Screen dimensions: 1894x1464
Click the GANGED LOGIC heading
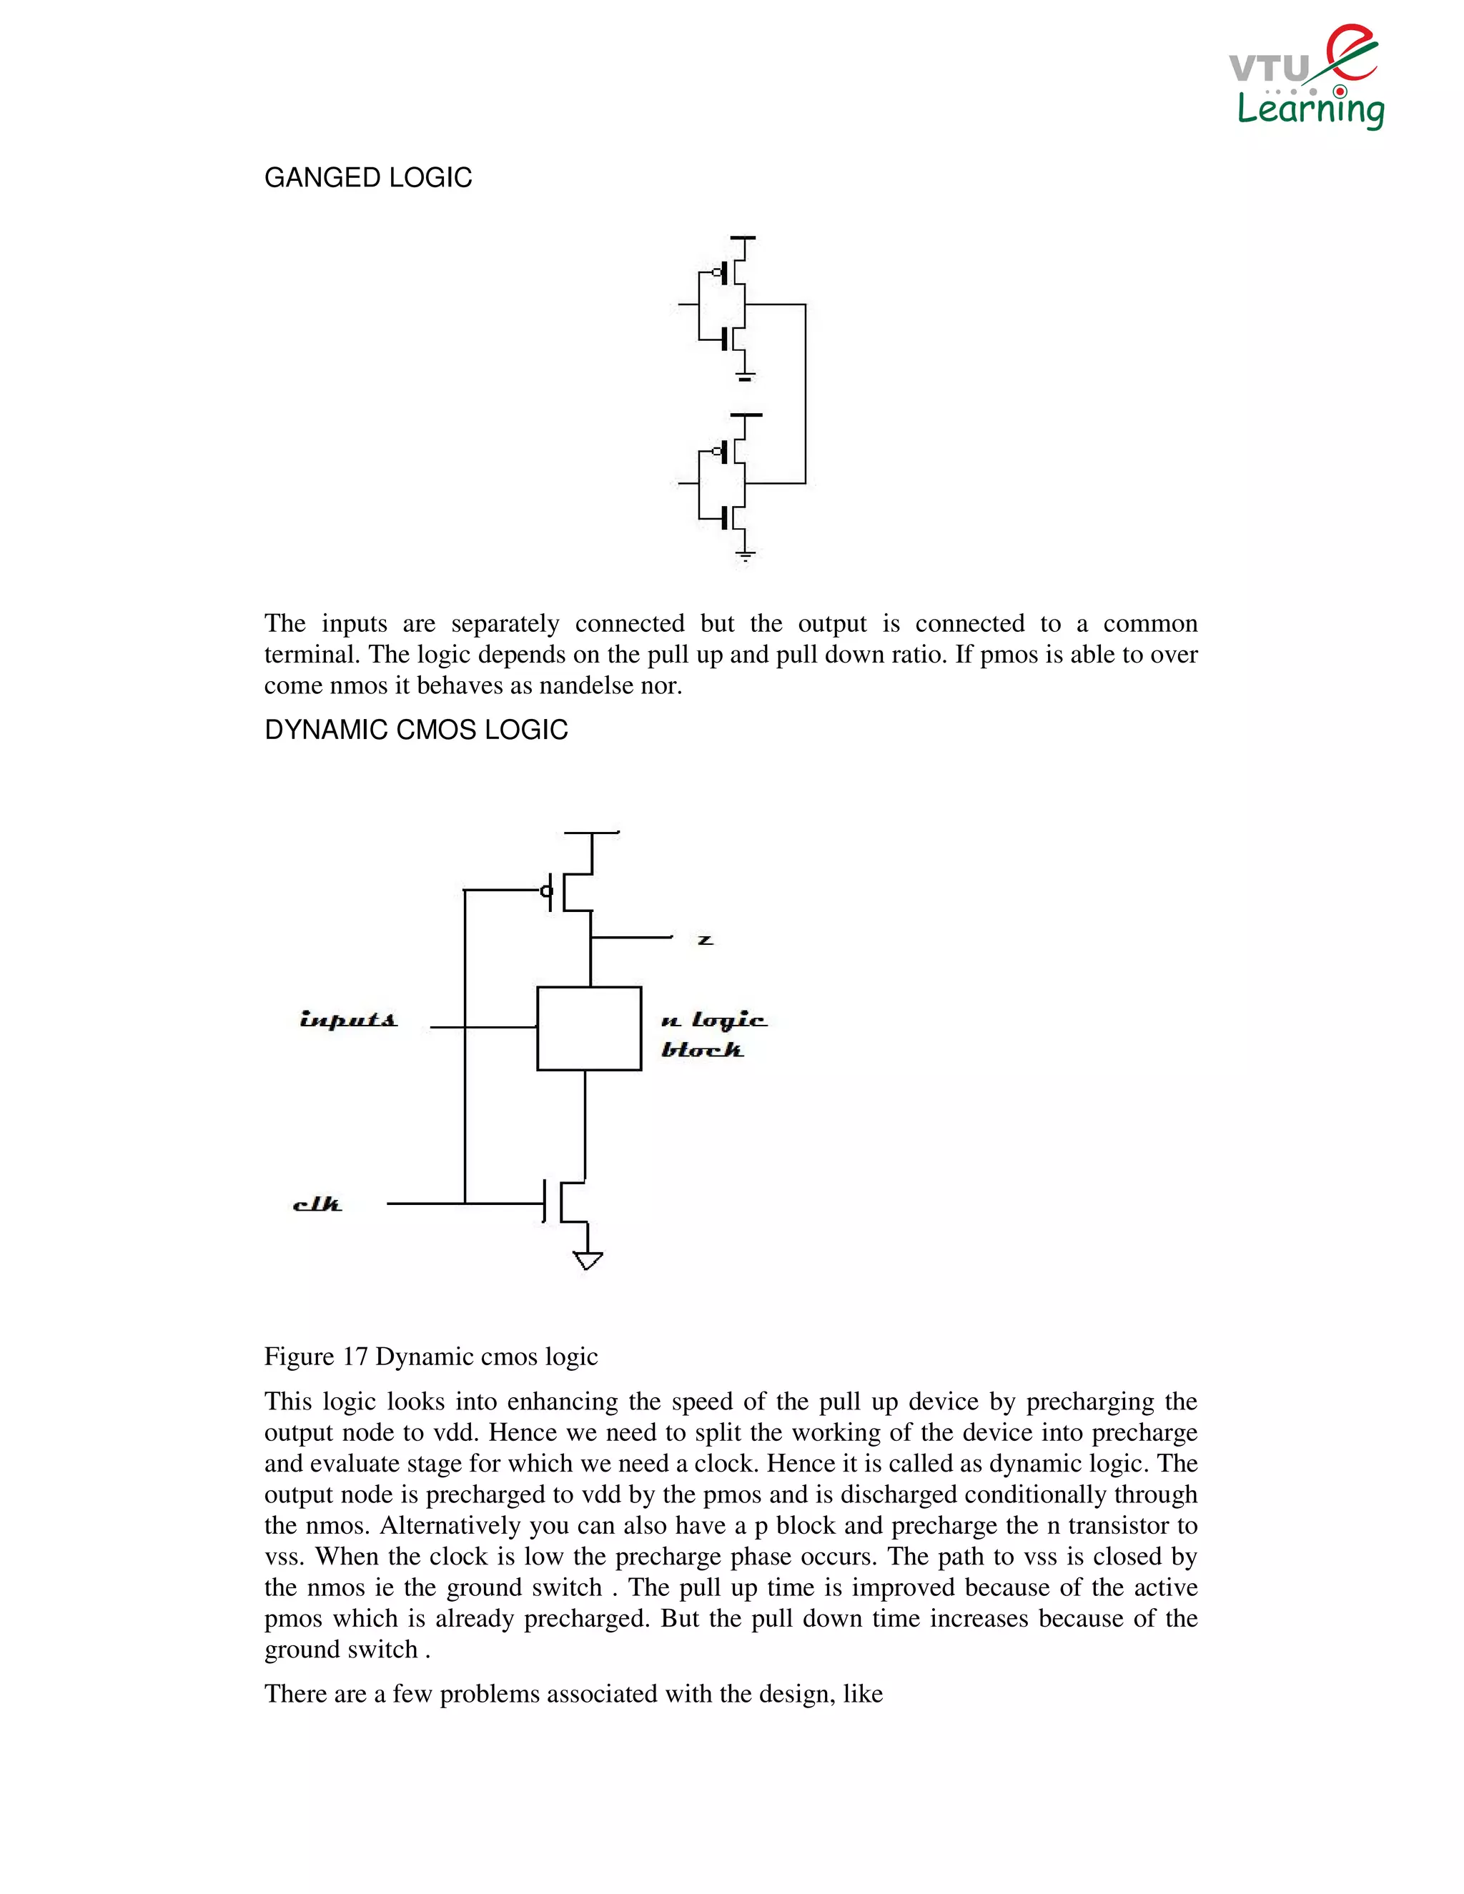(x=367, y=178)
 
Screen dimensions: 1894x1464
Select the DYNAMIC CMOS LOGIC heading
(x=415, y=730)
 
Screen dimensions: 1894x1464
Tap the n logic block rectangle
(x=589, y=1028)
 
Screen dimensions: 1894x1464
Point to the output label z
(x=705, y=940)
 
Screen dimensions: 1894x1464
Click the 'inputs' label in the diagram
(x=348, y=1020)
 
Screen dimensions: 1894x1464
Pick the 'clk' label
(x=317, y=1204)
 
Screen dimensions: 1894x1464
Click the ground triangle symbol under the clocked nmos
(x=588, y=1260)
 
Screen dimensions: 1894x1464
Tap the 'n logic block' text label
(x=713, y=1035)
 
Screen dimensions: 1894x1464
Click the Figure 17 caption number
(x=355, y=1357)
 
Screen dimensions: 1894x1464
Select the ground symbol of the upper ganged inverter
(x=744, y=377)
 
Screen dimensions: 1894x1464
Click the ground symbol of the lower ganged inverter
(x=744, y=553)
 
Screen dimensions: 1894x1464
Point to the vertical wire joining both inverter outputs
(x=806, y=395)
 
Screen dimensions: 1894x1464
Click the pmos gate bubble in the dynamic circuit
(x=546, y=891)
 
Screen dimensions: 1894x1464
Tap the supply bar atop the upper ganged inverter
(x=743, y=237)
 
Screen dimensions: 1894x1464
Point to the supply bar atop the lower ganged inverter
(x=745, y=415)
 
